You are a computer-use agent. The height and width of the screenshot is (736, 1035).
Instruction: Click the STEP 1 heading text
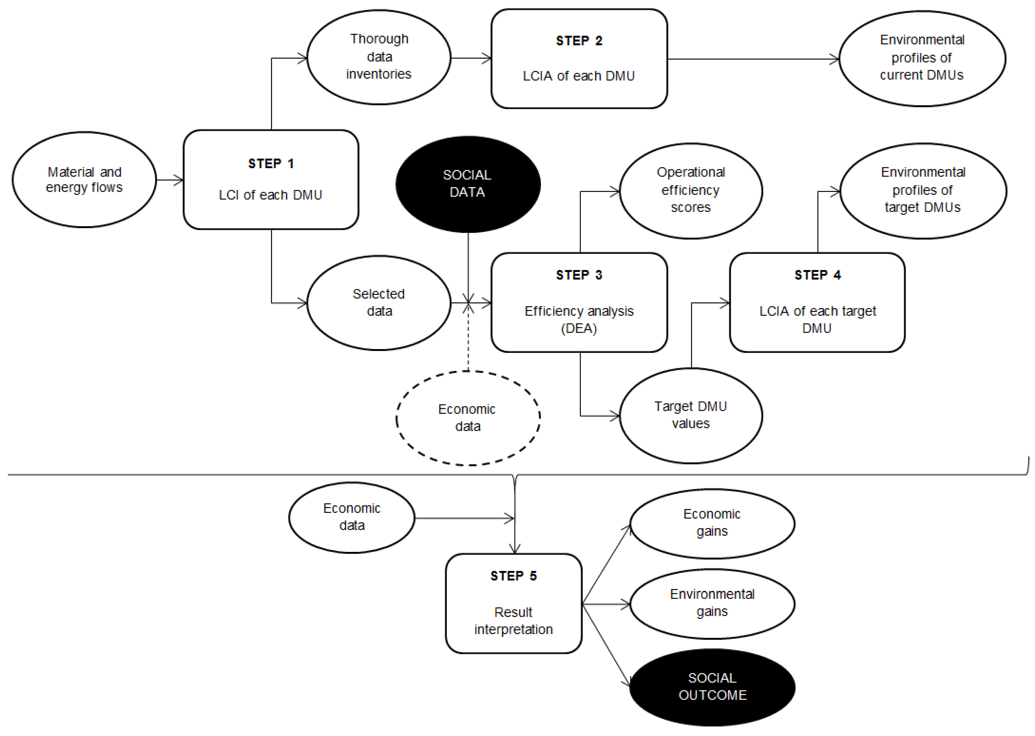click(271, 164)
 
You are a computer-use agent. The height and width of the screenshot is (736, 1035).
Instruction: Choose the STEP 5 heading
click(513, 576)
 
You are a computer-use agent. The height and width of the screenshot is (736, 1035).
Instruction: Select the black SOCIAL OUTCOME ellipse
click(712, 687)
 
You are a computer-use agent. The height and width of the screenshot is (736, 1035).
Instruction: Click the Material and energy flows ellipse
click(84, 180)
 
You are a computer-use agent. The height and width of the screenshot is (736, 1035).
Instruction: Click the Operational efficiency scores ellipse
click(691, 190)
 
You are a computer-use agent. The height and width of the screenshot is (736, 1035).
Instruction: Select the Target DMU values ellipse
click(691, 415)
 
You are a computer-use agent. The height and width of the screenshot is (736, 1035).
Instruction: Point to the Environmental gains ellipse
click(712, 603)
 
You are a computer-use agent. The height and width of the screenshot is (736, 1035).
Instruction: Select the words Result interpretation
click(513, 621)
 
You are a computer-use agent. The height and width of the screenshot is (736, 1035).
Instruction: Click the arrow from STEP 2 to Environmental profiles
click(753, 59)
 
